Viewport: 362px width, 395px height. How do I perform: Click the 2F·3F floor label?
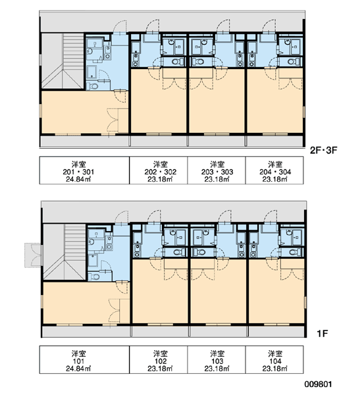tap(323, 150)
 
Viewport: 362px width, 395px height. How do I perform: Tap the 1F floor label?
tap(323, 334)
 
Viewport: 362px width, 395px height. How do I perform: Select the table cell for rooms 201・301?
tap(84, 171)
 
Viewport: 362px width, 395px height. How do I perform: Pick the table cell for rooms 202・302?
tap(159, 171)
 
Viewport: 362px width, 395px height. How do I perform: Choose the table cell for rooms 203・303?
tap(217, 171)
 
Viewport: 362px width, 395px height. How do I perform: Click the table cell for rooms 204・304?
tap(274, 171)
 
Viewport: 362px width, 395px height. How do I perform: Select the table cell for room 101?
tap(84, 359)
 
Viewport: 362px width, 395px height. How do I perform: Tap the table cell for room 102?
tap(159, 359)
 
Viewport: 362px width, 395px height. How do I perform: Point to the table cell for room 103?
tap(217, 359)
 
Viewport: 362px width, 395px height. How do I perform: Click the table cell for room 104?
tap(274, 359)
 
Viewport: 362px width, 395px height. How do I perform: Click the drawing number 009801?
tap(318, 384)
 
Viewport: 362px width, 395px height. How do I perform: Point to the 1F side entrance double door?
tap(33, 255)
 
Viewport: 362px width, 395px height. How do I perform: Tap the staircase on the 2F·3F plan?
tap(63, 61)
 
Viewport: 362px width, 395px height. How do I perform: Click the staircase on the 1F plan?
tap(65, 252)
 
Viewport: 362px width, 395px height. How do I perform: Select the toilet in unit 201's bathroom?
tap(93, 86)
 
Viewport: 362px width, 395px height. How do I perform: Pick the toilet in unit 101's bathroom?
tap(95, 277)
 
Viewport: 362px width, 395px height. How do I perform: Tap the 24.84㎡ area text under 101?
tap(78, 369)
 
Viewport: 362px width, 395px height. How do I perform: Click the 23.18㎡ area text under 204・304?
tap(275, 179)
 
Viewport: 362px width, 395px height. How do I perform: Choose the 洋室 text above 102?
tap(160, 354)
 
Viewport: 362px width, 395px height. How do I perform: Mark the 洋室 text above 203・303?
tap(217, 164)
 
